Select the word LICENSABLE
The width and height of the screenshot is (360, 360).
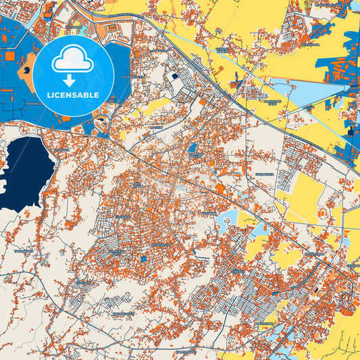pos(73,95)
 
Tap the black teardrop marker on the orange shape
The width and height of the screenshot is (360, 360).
pos(26,69)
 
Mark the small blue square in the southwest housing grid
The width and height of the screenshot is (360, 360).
pos(143,258)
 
